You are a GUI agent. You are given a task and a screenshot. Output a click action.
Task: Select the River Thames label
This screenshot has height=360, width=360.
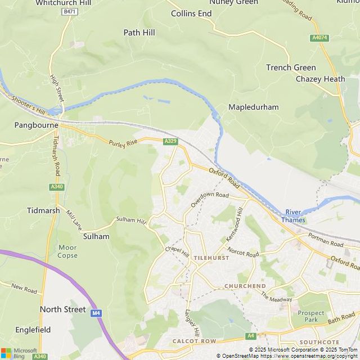coord(293,216)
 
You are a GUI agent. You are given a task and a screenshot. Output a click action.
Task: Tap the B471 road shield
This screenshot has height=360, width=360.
coord(70,12)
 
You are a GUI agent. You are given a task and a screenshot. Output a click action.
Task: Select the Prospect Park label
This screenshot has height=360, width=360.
coord(311,316)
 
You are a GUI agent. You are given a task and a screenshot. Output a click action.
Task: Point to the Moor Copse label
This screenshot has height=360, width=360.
coord(67,251)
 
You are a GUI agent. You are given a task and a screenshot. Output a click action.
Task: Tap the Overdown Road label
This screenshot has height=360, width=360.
coord(209,199)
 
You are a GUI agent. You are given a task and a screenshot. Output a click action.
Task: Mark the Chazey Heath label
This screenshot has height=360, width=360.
coord(320,79)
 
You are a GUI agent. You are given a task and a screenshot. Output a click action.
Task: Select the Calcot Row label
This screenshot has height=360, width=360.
coord(194,341)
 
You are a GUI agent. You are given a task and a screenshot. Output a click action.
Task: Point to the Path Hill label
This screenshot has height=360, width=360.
coord(139,33)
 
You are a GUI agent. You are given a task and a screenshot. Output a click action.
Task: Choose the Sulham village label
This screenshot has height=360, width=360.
coord(96,237)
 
